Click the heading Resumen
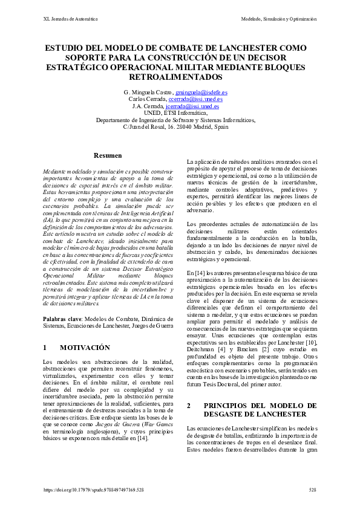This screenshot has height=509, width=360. tap(108, 156)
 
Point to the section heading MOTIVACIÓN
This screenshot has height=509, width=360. tap(85, 348)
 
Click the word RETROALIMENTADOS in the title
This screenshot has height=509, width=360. tap(180, 78)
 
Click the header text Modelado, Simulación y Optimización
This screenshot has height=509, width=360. tap(279, 19)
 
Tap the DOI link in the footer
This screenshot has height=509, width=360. tap(94, 490)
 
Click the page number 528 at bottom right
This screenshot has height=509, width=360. tap(312, 490)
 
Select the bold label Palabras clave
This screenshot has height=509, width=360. tap(63, 319)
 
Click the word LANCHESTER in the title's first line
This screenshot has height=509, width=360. tap(254, 48)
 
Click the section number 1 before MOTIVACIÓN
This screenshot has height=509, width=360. tap(45, 348)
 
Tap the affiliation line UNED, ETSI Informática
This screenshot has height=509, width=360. tap(180, 113)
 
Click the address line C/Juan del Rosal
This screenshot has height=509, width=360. tap(175, 127)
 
